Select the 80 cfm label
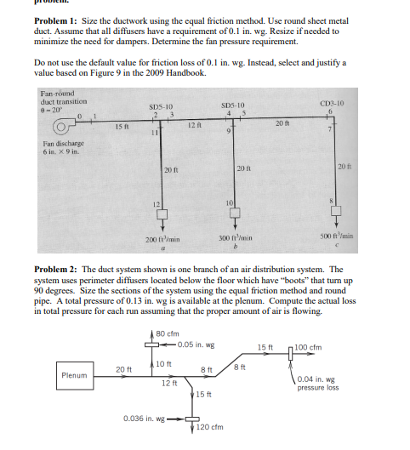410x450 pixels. tap(166, 333)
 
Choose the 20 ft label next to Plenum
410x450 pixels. tap(122, 368)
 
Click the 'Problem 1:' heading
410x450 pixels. tap(57, 19)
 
